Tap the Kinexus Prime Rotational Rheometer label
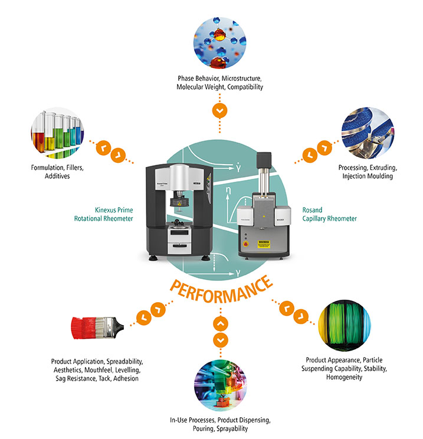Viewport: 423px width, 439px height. point(114,214)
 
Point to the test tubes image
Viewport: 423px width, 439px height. point(56,133)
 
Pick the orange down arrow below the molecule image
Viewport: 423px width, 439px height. point(219,110)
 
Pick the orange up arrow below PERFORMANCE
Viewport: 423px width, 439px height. point(219,323)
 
